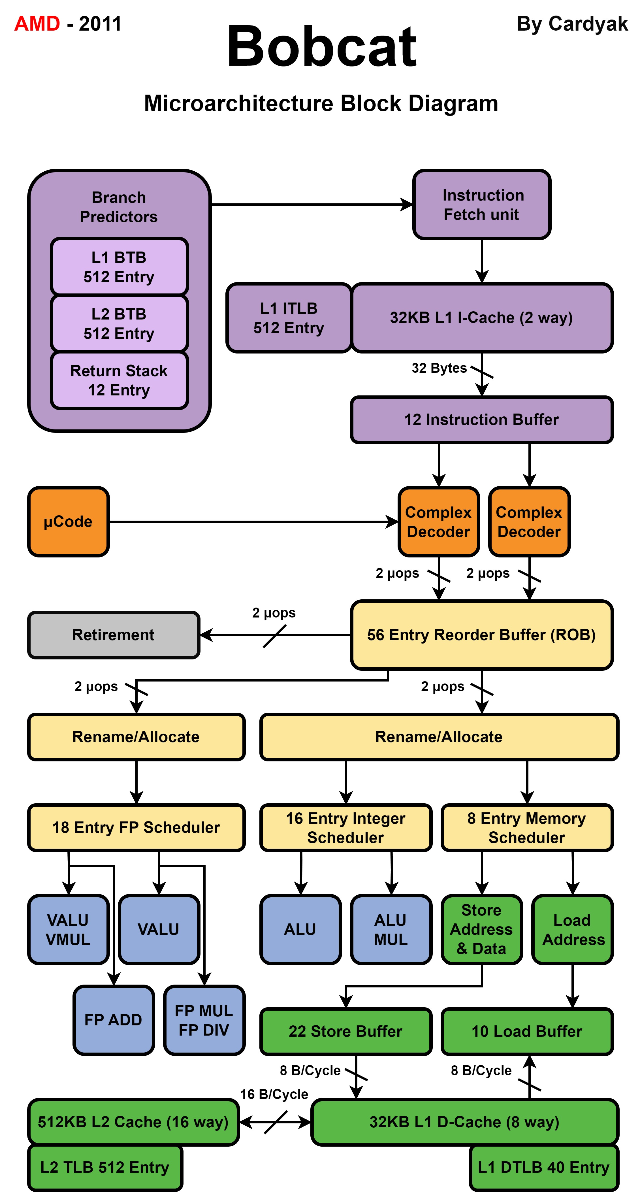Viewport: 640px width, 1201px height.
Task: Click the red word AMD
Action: pyautogui.click(x=37, y=23)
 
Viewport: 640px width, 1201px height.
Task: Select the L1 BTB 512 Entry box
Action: pyautogui.click(x=119, y=267)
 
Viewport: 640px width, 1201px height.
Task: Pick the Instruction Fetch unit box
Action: pyautogui.click(x=481, y=205)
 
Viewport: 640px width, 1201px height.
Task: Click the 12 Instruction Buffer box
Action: pyautogui.click(x=481, y=420)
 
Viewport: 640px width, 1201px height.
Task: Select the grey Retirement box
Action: pyautogui.click(x=113, y=634)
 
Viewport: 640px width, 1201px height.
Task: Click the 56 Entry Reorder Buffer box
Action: pyautogui.click(x=481, y=634)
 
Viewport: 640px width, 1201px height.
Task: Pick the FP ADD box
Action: pyautogui.click(x=113, y=1020)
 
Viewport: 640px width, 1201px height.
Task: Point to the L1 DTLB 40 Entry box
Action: pyautogui.click(x=543, y=1167)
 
